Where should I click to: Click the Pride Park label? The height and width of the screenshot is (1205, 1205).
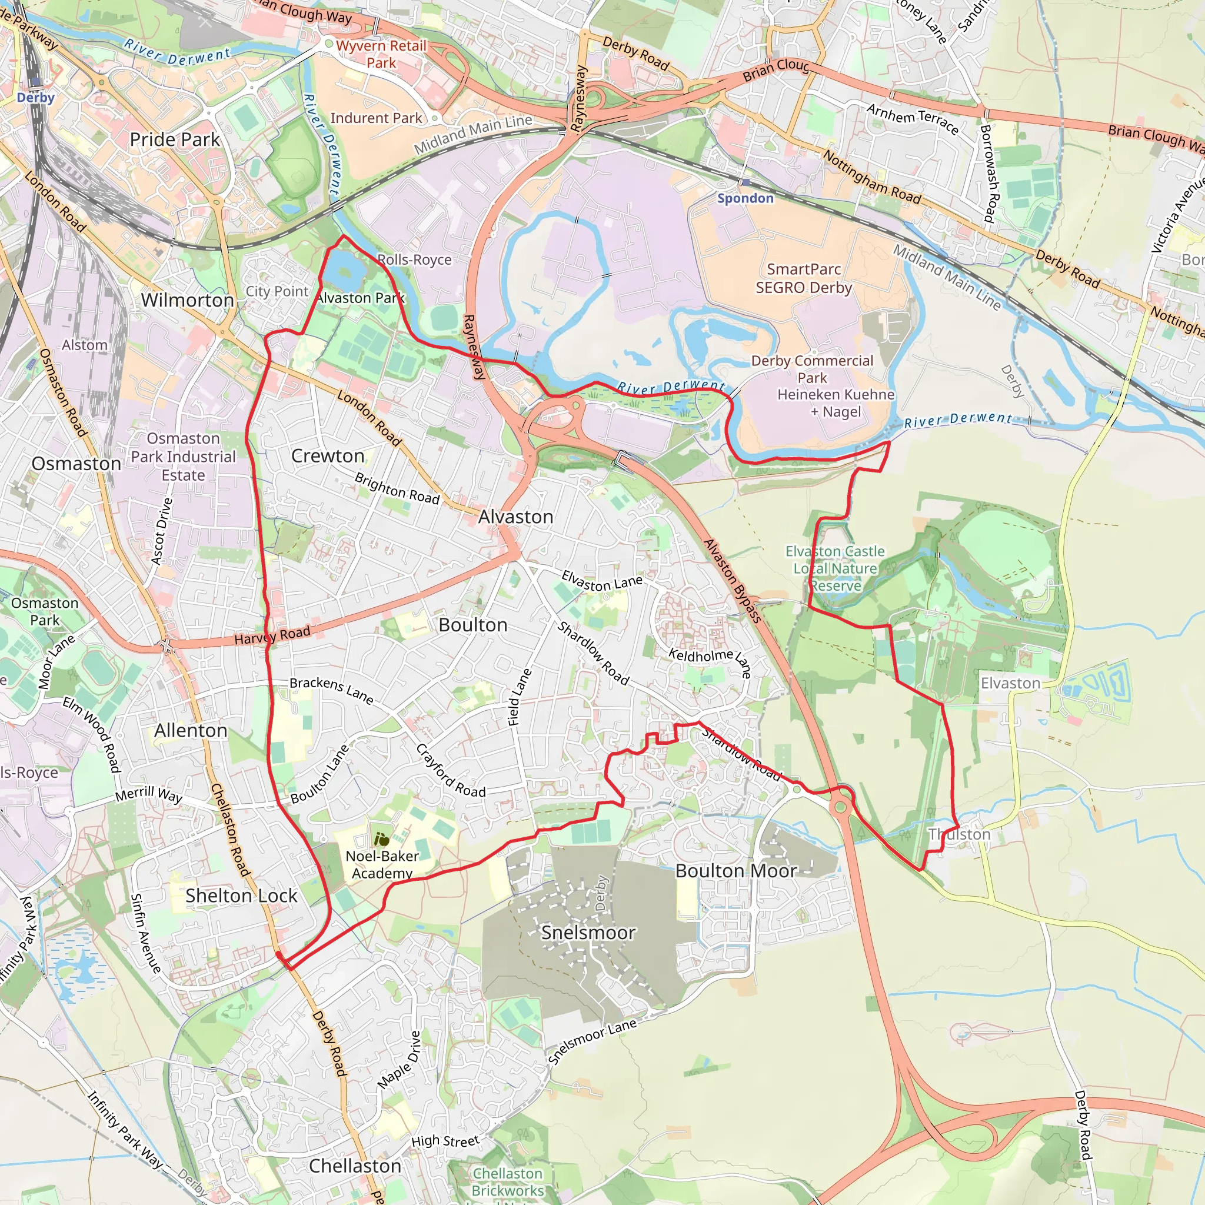(x=175, y=139)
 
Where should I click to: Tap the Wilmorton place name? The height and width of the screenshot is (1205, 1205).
(x=187, y=300)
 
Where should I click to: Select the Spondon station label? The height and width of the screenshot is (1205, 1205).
(x=745, y=198)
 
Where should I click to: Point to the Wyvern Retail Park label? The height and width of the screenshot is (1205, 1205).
(x=381, y=54)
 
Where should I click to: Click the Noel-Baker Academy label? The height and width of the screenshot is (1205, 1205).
(x=382, y=864)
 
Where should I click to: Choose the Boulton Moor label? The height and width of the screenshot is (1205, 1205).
(x=736, y=871)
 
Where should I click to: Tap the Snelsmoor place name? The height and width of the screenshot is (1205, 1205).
(x=588, y=933)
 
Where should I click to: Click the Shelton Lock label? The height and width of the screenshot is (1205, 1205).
(x=241, y=896)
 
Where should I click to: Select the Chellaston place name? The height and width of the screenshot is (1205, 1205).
(x=355, y=1166)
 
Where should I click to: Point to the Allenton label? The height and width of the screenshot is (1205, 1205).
(x=191, y=730)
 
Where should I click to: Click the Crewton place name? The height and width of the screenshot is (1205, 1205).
(x=328, y=456)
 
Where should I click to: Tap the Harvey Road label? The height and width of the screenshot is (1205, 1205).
(x=272, y=635)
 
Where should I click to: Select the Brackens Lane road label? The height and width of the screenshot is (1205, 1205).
(x=331, y=690)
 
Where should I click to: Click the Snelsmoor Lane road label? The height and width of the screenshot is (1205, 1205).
(x=592, y=1042)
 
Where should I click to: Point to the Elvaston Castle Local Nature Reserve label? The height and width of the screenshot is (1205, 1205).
(x=835, y=568)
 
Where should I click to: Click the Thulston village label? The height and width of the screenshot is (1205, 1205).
(x=959, y=834)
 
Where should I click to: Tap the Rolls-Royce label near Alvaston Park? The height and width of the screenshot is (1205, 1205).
(x=414, y=259)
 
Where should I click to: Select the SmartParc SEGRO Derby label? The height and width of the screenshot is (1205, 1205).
(x=803, y=278)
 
